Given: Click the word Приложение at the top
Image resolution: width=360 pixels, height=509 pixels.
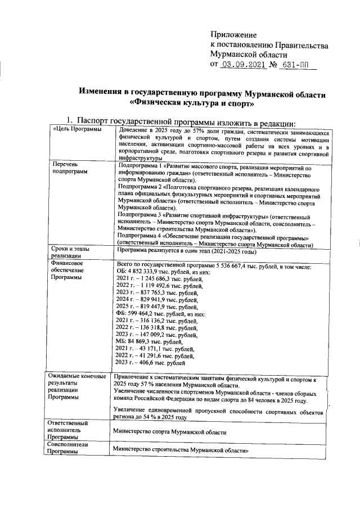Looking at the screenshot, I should pyautogui.click(x=233, y=35).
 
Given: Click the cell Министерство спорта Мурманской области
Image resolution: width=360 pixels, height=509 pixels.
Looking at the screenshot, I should pyautogui.click(x=169, y=433).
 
